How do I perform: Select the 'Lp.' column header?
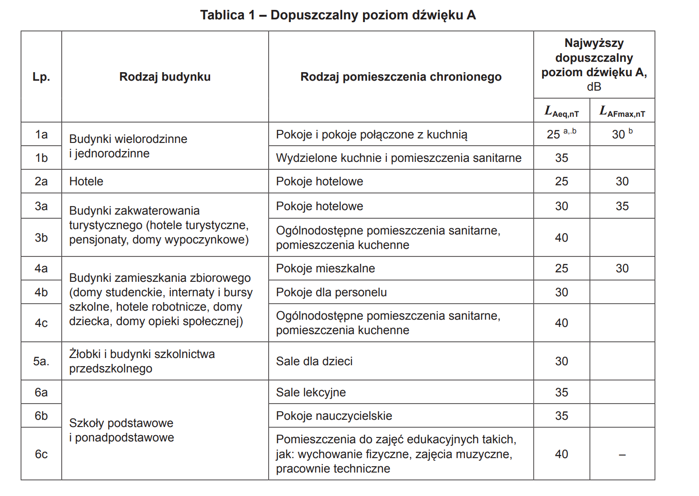(x=41, y=77)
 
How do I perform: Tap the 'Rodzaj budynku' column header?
(x=165, y=77)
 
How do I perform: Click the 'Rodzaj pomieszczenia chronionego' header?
(x=400, y=77)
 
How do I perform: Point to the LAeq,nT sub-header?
(x=561, y=111)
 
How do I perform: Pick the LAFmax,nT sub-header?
(x=622, y=111)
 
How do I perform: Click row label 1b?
(x=41, y=158)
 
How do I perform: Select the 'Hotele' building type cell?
(x=86, y=181)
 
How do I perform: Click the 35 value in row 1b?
(x=561, y=158)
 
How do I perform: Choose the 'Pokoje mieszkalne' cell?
(x=325, y=268)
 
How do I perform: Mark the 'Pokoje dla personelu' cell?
(x=331, y=292)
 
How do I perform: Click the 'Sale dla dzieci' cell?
(x=314, y=361)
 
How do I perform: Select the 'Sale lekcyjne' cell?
(x=311, y=392)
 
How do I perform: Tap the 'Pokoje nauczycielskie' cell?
(x=334, y=416)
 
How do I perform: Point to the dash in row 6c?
(x=622, y=455)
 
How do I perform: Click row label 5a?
(x=41, y=361)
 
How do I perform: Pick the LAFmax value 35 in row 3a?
(x=622, y=206)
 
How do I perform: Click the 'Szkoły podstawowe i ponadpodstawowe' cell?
(x=121, y=430)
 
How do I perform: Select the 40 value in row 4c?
(x=561, y=323)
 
